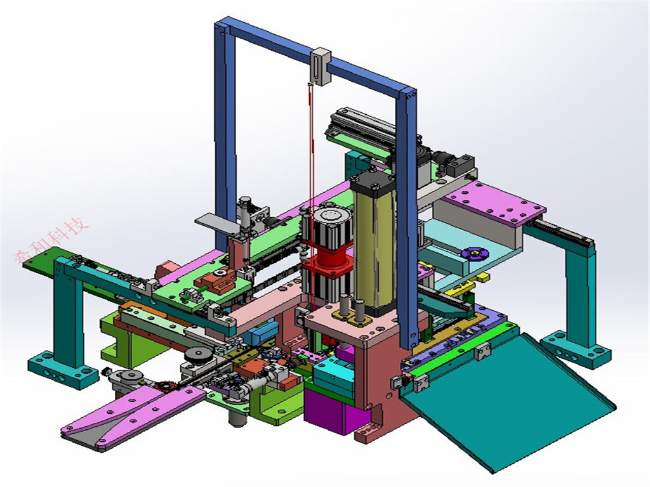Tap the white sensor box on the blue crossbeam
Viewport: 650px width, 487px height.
click(x=321, y=66)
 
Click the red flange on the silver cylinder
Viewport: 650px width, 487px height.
click(x=326, y=260)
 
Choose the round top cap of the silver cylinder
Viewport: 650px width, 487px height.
click(x=330, y=216)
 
